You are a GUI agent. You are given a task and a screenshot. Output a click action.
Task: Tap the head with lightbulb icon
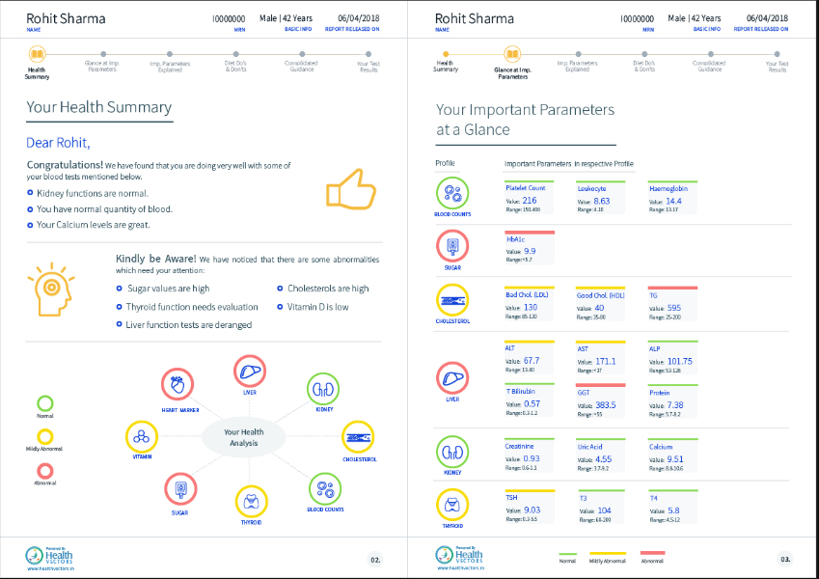click(x=46, y=288)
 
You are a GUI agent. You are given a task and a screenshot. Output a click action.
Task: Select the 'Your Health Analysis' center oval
click(x=243, y=438)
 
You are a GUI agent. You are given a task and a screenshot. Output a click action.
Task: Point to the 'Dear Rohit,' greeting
click(x=58, y=144)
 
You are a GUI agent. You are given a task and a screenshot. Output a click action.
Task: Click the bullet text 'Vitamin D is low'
click(x=317, y=307)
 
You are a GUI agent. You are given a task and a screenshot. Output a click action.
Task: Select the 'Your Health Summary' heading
click(x=98, y=108)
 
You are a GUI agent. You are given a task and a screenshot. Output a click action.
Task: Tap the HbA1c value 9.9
click(x=530, y=251)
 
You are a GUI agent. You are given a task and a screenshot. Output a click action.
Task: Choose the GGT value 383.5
click(x=605, y=405)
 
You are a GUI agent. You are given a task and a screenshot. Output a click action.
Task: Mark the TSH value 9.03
click(x=531, y=510)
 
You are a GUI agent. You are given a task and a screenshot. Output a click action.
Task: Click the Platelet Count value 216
click(x=530, y=201)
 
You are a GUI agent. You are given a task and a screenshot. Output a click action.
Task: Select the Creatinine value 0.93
click(x=531, y=458)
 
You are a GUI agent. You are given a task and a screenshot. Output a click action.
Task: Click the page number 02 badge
click(x=375, y=558)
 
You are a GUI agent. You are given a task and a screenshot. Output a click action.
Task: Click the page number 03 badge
click(x=785, y=558)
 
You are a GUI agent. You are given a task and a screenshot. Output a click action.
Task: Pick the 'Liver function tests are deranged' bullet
click(x=189, y=325)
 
